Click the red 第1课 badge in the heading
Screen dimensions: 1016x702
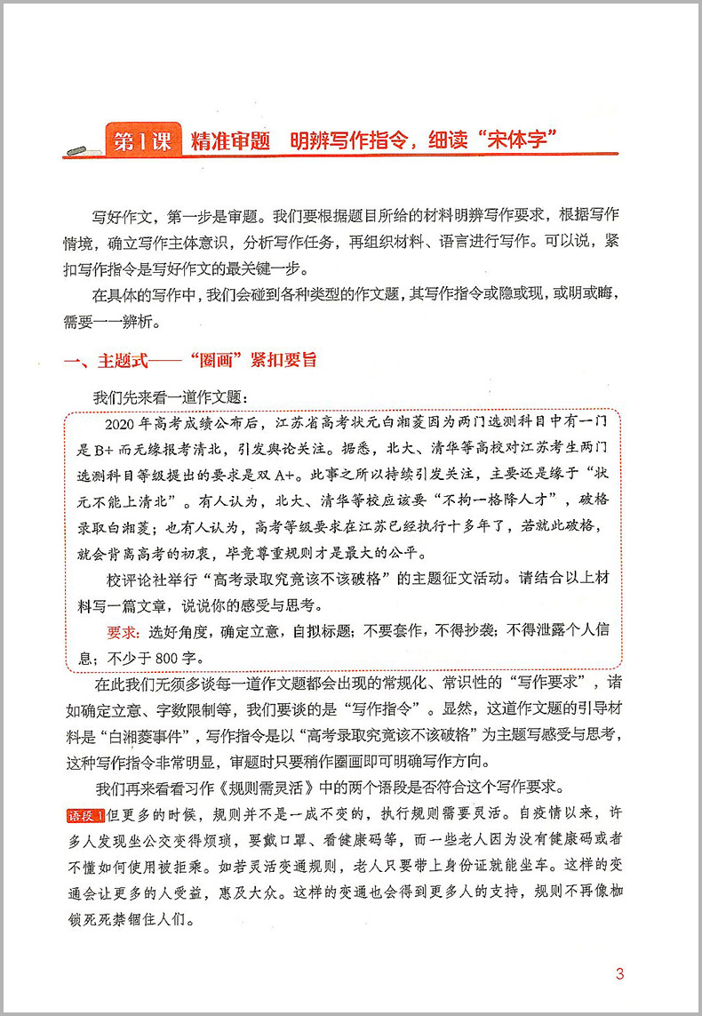coord(142,141)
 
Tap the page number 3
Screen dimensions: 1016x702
coord(619,973)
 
